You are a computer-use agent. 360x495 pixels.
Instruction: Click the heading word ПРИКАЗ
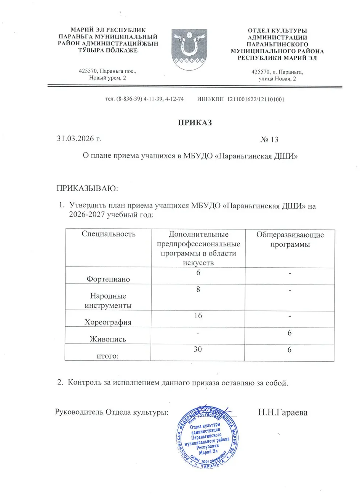195,123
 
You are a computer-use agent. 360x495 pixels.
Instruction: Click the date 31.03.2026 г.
79,139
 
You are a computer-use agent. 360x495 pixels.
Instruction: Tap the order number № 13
269,140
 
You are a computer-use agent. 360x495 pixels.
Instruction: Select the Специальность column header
109,234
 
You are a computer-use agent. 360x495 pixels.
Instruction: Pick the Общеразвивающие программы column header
290,240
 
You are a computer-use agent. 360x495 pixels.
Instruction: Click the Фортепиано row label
108,279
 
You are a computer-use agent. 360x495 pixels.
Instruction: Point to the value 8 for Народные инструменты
198,289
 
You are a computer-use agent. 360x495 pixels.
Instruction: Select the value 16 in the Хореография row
198,316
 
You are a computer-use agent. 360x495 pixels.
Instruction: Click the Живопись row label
108,339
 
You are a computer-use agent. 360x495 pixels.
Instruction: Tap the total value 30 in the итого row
198,350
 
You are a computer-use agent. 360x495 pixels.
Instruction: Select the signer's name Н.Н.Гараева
282,412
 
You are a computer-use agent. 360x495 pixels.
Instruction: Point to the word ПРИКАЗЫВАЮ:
88,189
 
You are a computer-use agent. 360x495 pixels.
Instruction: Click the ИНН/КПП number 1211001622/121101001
256,99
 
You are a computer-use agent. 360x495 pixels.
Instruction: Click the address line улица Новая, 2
277,79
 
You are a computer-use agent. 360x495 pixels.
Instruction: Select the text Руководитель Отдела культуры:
112,412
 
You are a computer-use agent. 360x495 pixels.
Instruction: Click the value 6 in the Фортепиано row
198,272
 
